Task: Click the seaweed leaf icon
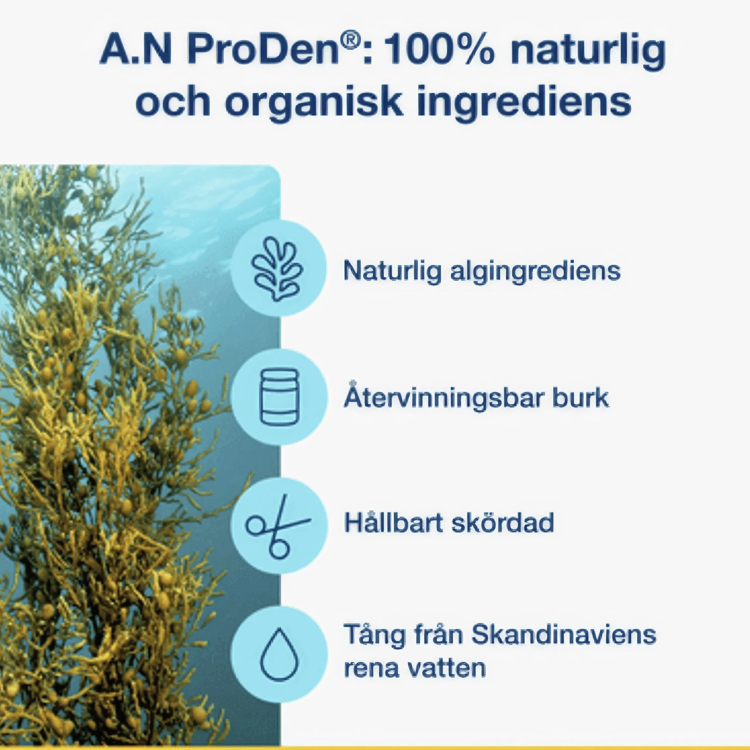point(277,269)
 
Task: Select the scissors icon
point(277,526)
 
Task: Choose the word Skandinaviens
point(564,634)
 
